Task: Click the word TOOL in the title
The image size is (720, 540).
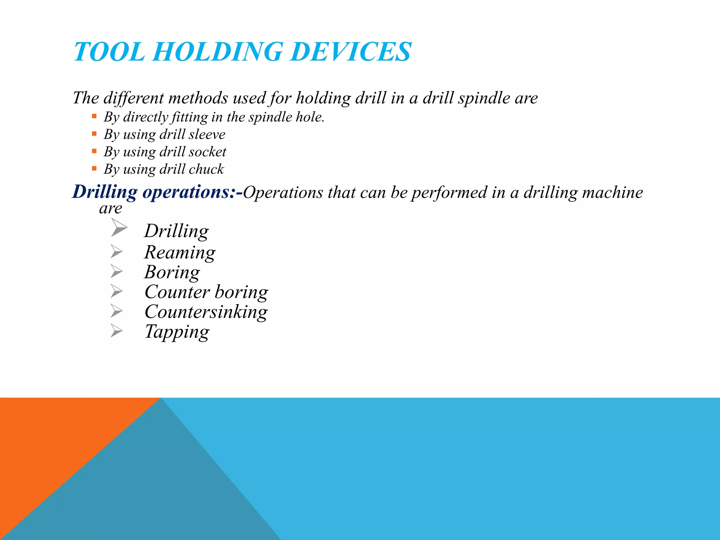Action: [x=109, y=52]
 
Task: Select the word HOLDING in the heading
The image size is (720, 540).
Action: [x=218, y=52]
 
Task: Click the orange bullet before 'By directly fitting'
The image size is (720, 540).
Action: [x=94, y=116]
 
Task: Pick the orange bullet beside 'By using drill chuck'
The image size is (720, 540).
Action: [x=94, y=168]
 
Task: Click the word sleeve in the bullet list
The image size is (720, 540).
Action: [x=207, y=135]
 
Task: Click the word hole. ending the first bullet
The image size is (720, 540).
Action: [x=310, y=117]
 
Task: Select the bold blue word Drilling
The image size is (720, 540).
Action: [x=105, y=192]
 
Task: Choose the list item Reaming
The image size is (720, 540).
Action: [x=180, y=252]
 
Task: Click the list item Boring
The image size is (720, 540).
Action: [x=172, y=272]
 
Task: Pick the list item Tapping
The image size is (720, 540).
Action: [x=177, y=332]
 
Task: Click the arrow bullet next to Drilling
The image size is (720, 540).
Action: [x=119, y=227]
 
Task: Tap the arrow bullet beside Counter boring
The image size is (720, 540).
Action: [x=116, y=291]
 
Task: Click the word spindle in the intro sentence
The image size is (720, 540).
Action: [x=484, y=98]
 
